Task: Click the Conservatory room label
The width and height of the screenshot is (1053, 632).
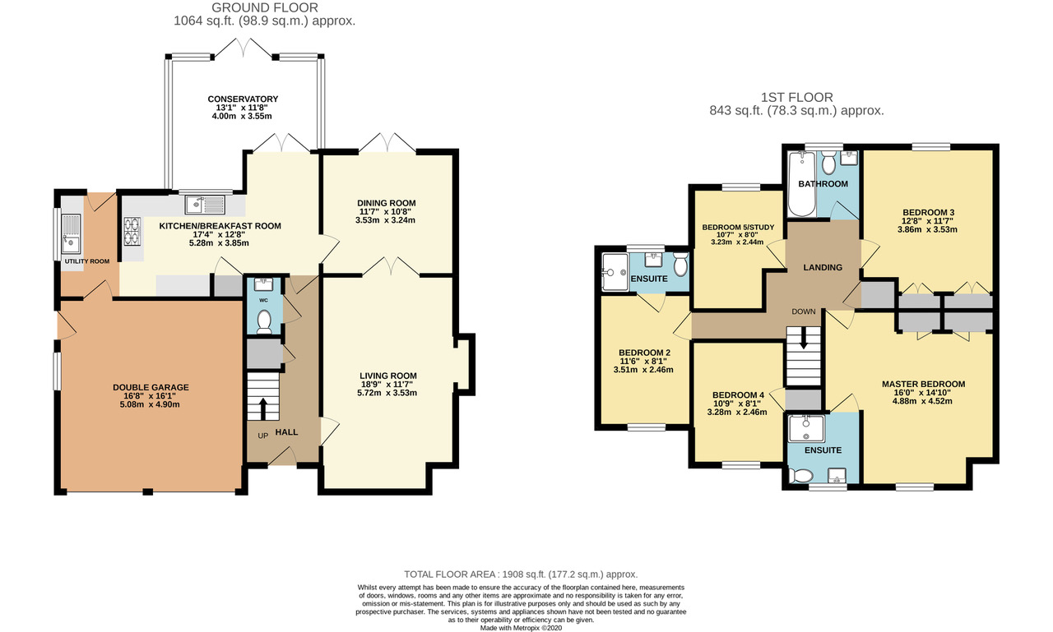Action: coord(243,99)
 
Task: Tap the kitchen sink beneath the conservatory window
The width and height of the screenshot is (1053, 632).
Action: coord(206,205)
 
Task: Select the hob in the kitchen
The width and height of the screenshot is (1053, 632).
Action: coord(132,232)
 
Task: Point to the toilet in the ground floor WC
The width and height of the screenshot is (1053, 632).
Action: coord(264,321)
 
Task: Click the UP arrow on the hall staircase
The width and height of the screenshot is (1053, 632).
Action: coord(262,408)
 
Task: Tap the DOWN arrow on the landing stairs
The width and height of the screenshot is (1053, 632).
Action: coord(804,338)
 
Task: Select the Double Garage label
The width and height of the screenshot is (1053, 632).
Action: coord(151,387)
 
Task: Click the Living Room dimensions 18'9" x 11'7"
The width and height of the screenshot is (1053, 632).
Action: coord(387,384)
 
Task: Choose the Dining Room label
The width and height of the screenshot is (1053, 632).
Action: coord(387,203)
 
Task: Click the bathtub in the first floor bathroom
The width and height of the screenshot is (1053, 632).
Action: coord(802,184)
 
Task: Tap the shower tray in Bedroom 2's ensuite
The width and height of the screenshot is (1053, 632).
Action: coord(615,272)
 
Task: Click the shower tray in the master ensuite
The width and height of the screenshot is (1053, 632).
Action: coord(807,429)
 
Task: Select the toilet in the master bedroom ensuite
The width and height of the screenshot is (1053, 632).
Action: coord(801,476)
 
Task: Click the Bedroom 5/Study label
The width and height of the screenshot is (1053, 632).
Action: coord(738,228)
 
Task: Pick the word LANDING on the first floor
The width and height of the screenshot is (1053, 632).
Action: coord(823,267)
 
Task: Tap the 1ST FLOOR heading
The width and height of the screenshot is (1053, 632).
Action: coord(797,97)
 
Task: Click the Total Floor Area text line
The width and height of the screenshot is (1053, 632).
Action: coord(521,574)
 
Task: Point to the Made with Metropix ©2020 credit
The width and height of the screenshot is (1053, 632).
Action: coord(521,628)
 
